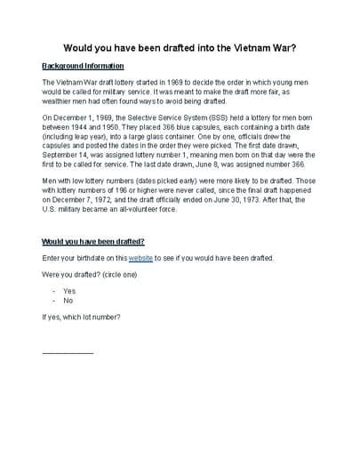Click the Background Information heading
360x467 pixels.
click(83, 66)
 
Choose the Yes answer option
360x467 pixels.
click(69, 291)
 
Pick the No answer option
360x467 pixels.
click(68, 301)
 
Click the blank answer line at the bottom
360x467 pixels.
click(68, 352)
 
